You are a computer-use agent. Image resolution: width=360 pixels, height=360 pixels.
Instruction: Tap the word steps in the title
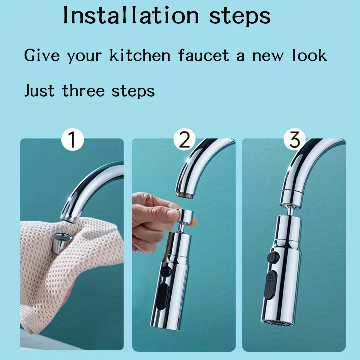[240, 16]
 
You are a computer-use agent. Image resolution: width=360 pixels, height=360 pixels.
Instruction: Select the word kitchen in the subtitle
[140, 55]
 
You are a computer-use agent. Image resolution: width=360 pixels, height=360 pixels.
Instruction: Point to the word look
[309, 55]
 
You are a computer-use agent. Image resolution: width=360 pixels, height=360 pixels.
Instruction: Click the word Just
[39, 91]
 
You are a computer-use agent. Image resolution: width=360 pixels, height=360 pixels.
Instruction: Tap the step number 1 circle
[72, 140]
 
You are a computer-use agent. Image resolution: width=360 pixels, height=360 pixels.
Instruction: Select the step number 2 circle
[184, 139]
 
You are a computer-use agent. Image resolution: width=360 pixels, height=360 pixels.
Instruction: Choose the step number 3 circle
[295, 139]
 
